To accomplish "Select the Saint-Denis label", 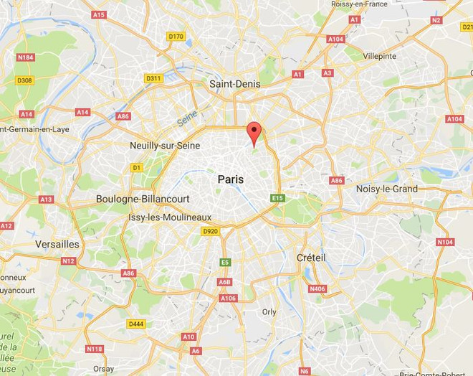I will (235, 85).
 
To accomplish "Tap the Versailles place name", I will (57, 244).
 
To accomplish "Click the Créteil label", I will (311, 258).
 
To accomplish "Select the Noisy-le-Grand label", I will (387, 189).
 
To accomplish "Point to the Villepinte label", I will (381, 55).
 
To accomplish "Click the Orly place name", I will (269, 311).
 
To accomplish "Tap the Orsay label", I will (103, 369).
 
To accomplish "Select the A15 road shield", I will (99, 14).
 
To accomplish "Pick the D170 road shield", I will (176, 36).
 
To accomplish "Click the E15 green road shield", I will (278, 198).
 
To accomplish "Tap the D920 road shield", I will (210, 231).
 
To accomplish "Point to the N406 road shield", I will (317, 288).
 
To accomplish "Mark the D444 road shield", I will (135, 324).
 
